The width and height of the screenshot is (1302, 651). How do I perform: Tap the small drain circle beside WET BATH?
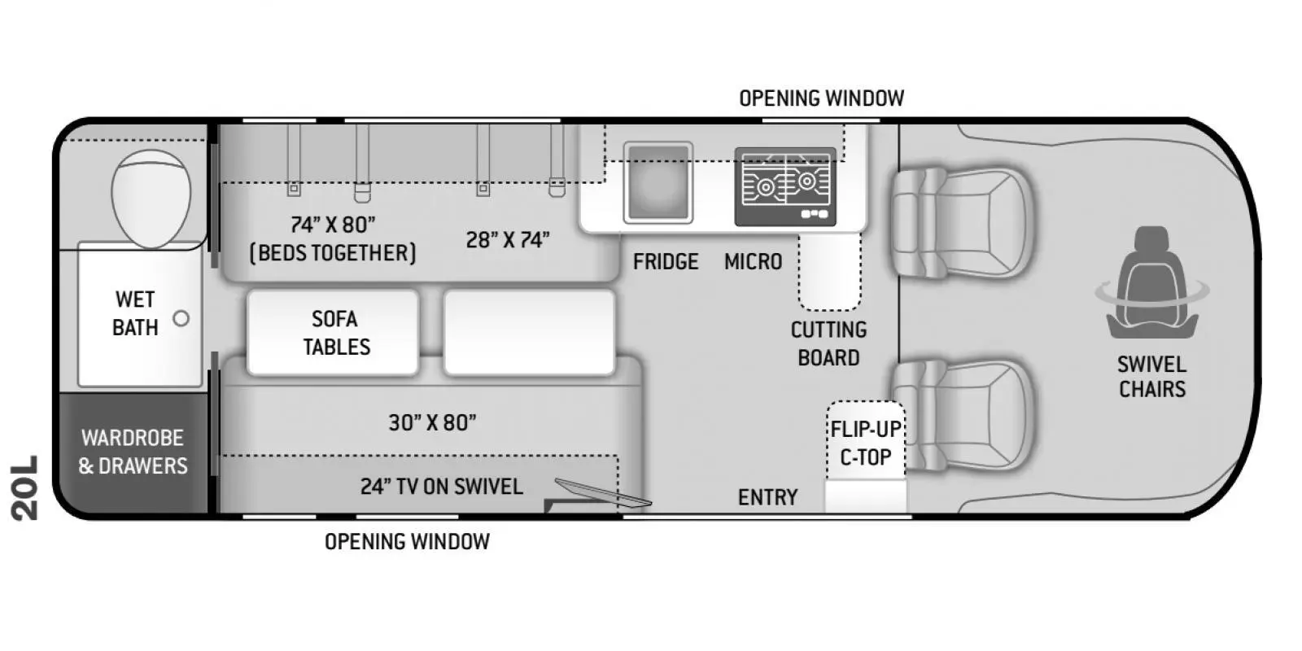pyautogui.click(x=181, y=318)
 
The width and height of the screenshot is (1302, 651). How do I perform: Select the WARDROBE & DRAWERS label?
pyautogui.click(x=133, y=452)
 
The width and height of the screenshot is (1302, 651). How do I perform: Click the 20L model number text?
pyautogui.click(x=25, y=487)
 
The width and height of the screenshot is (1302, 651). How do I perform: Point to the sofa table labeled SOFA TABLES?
pyautogui.click(x=334, y=333)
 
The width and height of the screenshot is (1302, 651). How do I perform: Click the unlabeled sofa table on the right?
pyautogui.click(x=529, y=333)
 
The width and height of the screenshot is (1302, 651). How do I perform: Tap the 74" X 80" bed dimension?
pyautogui.click(x=333, y=225)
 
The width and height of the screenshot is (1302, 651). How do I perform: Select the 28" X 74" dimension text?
pyautogui.click(x=508, y=240)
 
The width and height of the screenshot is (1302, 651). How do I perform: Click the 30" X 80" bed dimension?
pyautogui.click(x=432, y=422)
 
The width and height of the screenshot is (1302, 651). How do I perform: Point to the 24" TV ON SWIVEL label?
pyautogui.click(x=441, y=487)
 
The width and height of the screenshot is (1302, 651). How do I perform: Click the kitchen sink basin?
pyautogui.click(x=658, y=183)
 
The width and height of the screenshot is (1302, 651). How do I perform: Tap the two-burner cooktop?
pyautogui.click(x=785, y=186)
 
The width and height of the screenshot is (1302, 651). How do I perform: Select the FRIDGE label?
pyautogui.click(x=666, y=262)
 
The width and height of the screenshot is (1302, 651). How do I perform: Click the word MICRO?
pyautogui.click(x=753, y=262)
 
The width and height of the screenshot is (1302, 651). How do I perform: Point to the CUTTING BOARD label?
pyautogui.click(x=828, y=343)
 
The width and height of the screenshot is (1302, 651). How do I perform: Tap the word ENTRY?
pyautogui.click(x=767, y=497)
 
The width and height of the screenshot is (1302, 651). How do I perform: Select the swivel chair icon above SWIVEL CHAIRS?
pyautogui.click(x=1151, y=285)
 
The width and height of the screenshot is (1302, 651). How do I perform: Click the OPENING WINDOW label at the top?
pyautogui.click(x=821, y=98)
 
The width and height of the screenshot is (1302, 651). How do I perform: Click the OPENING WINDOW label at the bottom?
pyautogui.click(x=407, y=542)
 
